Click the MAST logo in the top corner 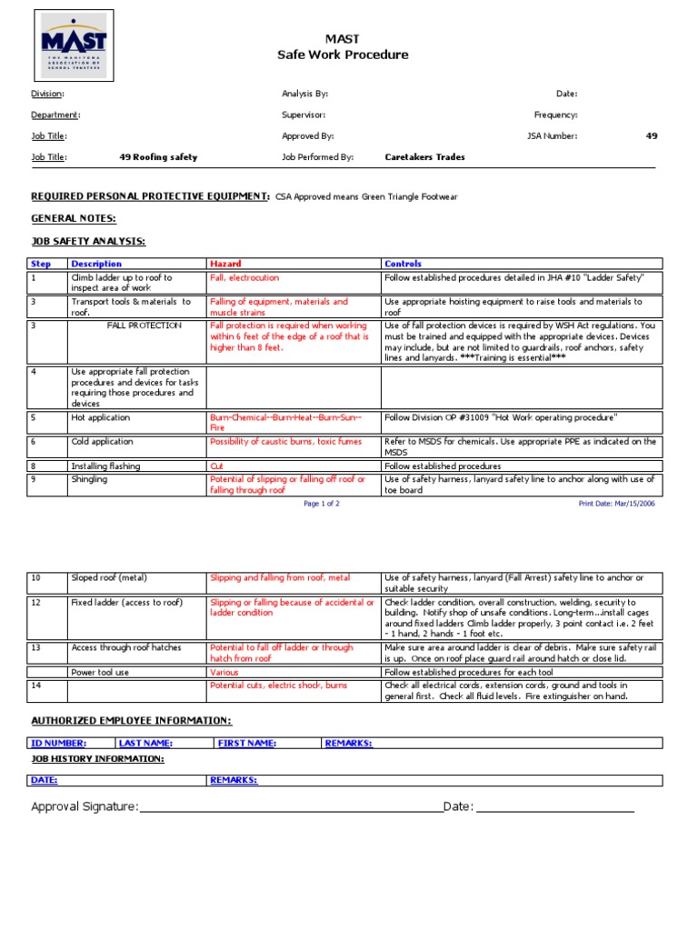coord(73,45)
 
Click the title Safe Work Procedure coord(343,55)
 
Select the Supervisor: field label coord(304,115)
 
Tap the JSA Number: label coord(552,136)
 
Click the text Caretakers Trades coord(424,157)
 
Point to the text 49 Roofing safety coord(158,157)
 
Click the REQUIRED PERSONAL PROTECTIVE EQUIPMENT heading coord(150,195)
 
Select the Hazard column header coord(225,264)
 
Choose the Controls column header coord(403,264)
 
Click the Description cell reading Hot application coord(100,418)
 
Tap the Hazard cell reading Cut coord(216,465)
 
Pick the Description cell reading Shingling coord(89,479)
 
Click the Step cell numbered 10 coord(36,578)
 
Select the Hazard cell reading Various coord(224,672)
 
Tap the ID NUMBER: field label coord(58,743)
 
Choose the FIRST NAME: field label coord(247,743)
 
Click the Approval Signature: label coord(85,807)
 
